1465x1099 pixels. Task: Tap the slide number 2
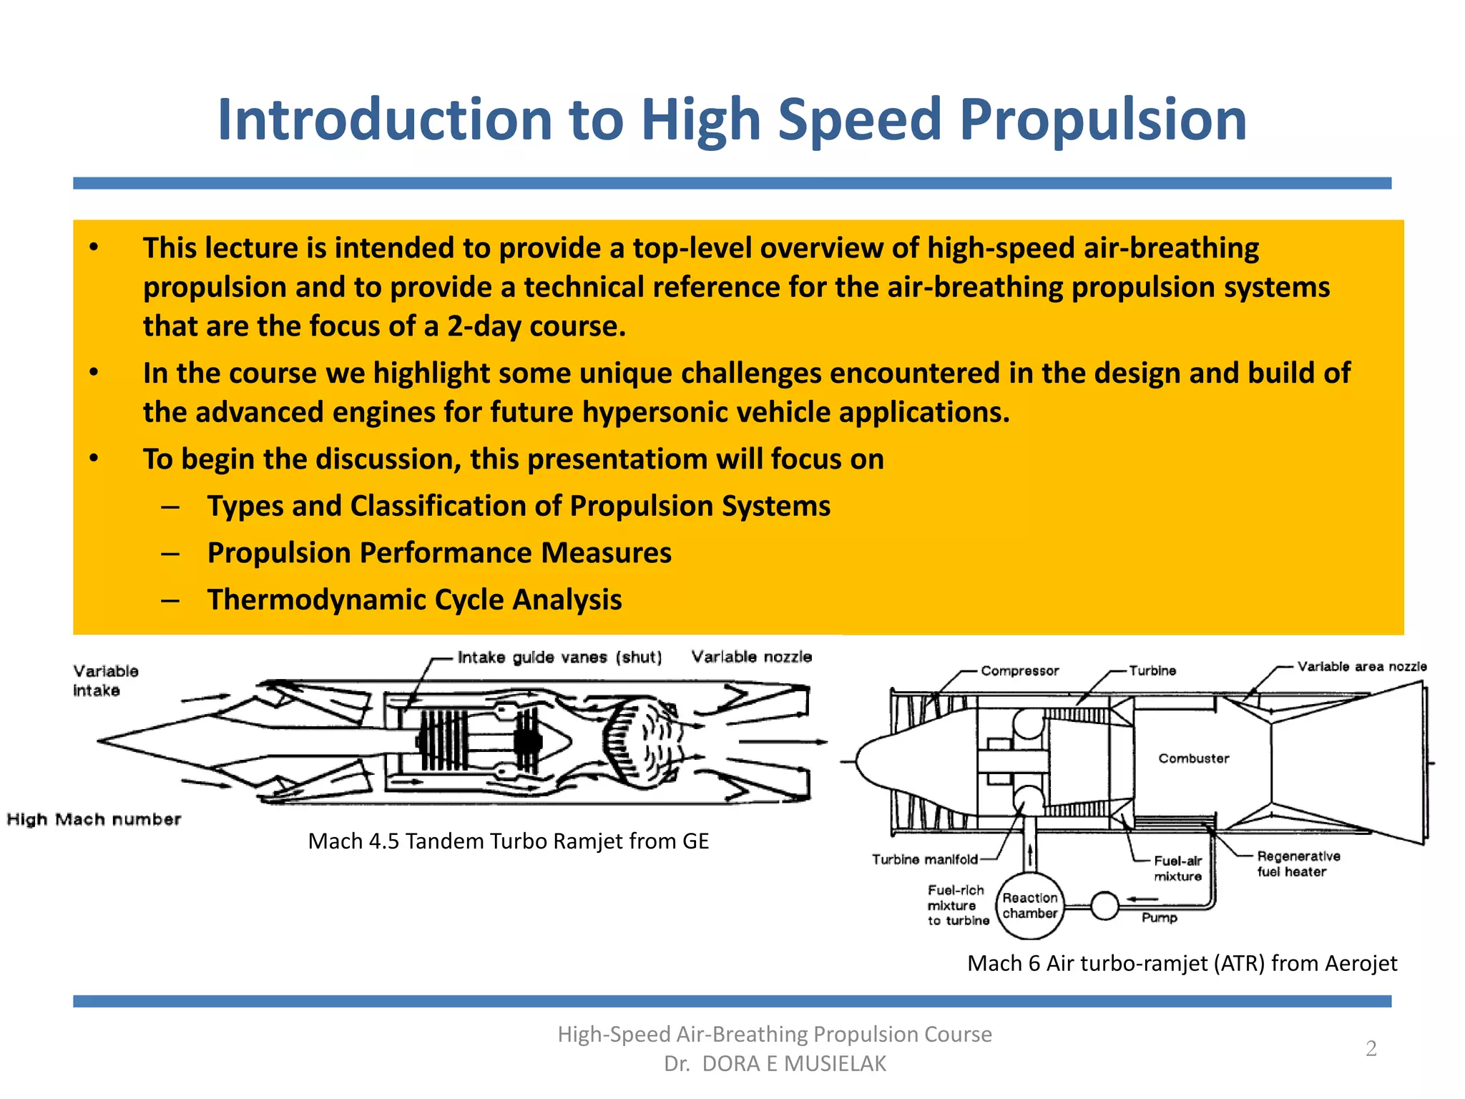[1371, 1048]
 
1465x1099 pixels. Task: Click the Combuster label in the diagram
[1193, 758]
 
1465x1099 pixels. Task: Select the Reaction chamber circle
[1030, 906]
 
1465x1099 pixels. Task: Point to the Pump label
[1159, 918]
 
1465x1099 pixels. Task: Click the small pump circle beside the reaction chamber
[1104, 906]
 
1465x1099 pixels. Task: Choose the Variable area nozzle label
[1361, 667]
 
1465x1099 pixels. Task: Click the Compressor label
[1019, 671]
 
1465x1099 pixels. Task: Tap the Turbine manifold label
[924, 859]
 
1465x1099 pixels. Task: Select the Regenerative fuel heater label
[1298, 864]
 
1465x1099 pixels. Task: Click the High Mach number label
[94, 819]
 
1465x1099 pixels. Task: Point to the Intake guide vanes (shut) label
[559, 658]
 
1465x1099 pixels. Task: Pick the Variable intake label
[105, 680]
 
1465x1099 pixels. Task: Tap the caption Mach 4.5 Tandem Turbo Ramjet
[508, 841]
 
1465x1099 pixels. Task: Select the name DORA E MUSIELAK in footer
[794, 1064]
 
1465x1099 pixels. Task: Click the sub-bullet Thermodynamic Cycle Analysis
[414, 600]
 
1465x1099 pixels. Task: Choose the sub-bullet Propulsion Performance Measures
[439, 553]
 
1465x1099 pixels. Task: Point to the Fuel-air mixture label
[1177, 869]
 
